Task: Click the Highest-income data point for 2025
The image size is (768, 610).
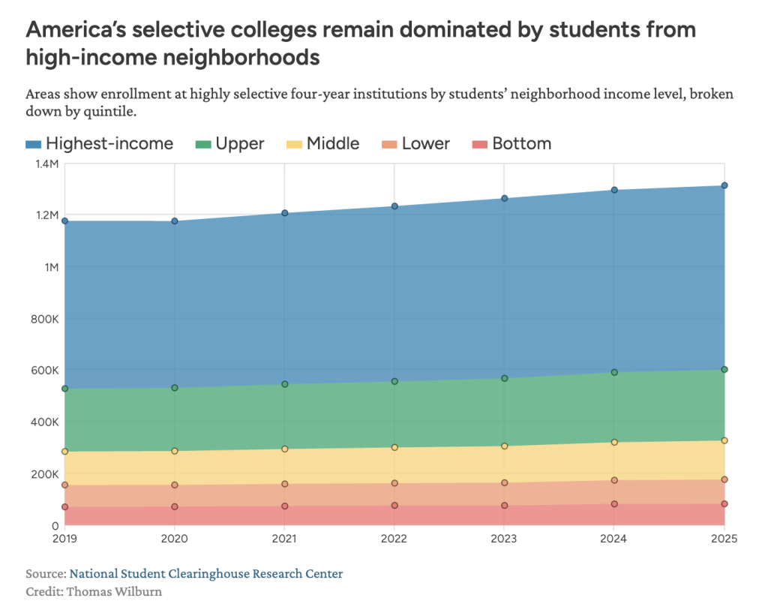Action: tap(724, 185)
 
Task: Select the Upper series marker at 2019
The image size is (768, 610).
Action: tap(65, 389)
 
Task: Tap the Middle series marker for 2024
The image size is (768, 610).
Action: tap(614, 443)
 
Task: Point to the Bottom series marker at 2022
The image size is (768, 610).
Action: tap(394, 506)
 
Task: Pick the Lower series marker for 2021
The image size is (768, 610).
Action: tap(285, 484)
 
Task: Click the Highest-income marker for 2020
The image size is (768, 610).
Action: tap(175, 221)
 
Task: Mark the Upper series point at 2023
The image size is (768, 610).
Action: tap(505, 379)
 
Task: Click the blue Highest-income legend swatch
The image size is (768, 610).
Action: tap(34, 144)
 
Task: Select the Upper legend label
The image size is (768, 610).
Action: tap(240, 144)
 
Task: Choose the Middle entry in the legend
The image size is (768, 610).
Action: tap(333, 144)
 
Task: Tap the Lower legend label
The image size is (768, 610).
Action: tap(426, 144)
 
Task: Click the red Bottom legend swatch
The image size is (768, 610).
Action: tap(480, 144)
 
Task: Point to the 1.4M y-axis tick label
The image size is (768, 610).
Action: tap(44, 164)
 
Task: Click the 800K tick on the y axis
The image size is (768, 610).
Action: tap(43, 319)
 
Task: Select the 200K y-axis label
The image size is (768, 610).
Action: tap(43, 474)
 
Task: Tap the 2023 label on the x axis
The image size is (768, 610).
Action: tap(505, 539)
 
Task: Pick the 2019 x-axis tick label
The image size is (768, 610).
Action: tap(65, 539)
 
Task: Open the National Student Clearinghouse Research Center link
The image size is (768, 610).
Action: tap(206, 574)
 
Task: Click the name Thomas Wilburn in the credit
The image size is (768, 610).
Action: tap(114, 591)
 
